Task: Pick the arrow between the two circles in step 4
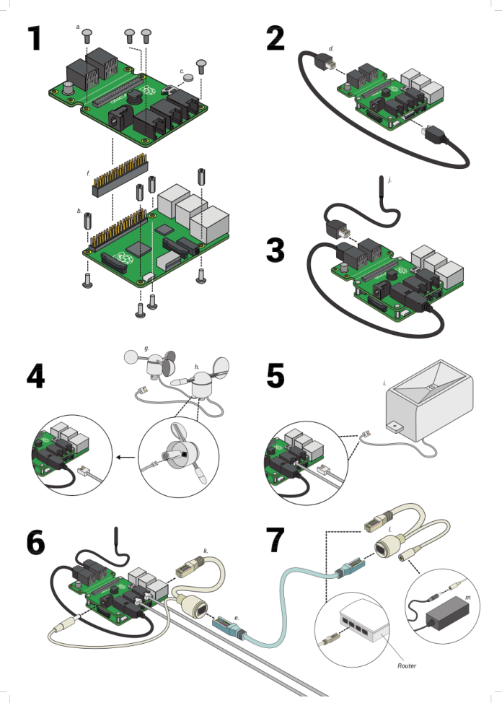125,457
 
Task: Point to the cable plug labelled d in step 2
327,64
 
